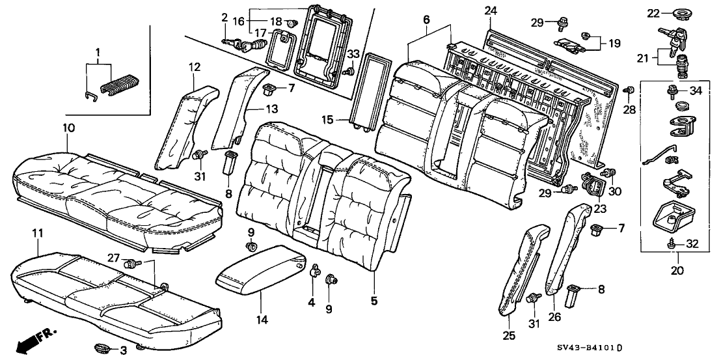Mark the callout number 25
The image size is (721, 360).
(x=510, y=335)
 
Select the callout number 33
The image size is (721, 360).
(x=352, y=53)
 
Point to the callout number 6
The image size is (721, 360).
(x=427, y=19)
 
